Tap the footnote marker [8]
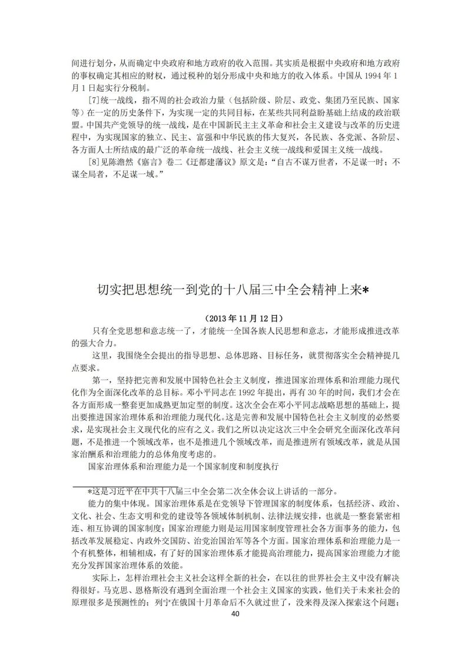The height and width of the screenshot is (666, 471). (94, 161)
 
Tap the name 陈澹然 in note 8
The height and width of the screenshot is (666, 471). (124, 161)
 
